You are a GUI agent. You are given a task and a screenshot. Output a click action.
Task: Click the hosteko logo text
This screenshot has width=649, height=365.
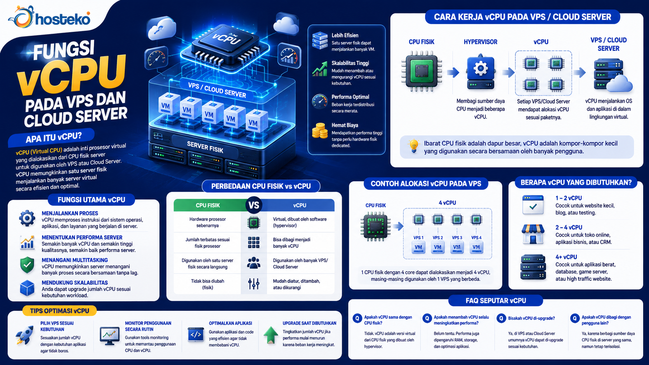tap(62, 19)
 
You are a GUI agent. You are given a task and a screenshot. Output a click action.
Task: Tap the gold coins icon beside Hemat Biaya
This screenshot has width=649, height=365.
tap(320, 130)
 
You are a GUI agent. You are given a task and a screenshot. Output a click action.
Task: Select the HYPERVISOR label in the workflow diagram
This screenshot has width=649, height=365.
tap(481, 42)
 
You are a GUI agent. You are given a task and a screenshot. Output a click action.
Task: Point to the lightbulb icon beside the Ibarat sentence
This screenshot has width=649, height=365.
tap(413, 146)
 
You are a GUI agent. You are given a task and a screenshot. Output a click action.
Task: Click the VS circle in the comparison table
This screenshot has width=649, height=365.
tap(254, 205)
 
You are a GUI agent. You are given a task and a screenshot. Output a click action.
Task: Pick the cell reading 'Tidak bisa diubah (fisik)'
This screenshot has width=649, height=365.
tap(207, 284)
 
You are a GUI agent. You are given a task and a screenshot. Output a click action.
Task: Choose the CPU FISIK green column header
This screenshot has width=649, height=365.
tap(208, 205)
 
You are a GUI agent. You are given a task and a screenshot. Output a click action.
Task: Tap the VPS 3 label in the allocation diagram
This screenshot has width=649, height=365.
tap(457, 238)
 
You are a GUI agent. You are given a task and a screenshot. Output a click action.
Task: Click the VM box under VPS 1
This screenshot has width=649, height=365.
tap(418, 247)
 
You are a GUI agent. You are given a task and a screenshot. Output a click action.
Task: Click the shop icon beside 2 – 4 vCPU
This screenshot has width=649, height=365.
tap(533, 234)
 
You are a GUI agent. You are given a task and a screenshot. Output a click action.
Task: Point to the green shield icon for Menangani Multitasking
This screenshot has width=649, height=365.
tap(27, 265)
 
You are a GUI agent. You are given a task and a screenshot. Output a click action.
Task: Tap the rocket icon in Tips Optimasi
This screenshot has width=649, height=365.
tap(25, 335)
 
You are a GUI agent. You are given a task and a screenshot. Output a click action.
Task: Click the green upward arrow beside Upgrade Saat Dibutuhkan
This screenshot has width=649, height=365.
tap(271, 335)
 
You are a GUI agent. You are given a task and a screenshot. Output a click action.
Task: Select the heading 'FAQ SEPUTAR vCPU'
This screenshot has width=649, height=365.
tap(496, 301)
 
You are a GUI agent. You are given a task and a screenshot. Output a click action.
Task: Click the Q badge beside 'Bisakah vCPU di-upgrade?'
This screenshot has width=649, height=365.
tap(501, 318)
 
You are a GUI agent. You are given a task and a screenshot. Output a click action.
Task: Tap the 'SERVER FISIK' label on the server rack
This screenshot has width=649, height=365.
tap(205, 147)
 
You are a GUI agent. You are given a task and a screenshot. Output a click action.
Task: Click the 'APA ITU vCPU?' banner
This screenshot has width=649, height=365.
tap(54, 137)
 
